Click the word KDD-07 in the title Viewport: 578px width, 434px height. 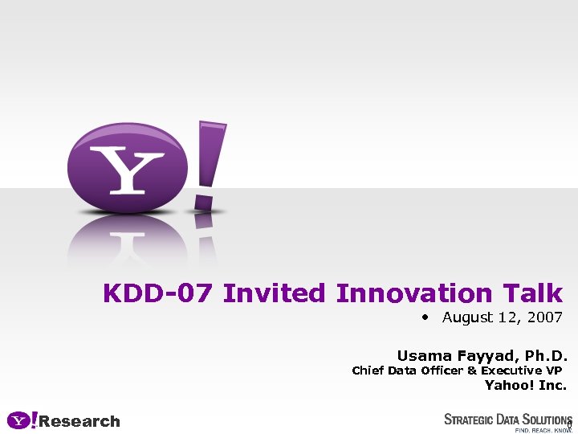[x=158, y=293]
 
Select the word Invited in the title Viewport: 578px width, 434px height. [x=274, y=293]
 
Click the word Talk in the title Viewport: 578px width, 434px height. [x=533, y=293]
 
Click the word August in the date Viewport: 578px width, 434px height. [x=467, y=317]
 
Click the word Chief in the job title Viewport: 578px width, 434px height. [x=368, y=371]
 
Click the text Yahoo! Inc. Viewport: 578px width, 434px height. [x=526, y=385]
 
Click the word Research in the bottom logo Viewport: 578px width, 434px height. [x=79, y=421]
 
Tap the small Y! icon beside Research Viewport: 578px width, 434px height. [x=22, y=420]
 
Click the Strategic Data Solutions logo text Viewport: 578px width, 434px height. [x=507, y=419]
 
